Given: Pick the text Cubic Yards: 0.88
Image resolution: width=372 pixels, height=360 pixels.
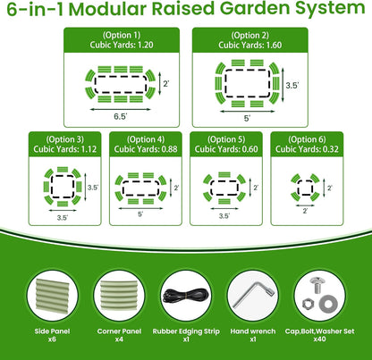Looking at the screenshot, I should (146, 149).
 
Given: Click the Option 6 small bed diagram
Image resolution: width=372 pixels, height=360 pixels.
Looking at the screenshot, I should (306, 188).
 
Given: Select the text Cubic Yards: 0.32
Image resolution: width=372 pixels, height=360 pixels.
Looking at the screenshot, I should (306, 149).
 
